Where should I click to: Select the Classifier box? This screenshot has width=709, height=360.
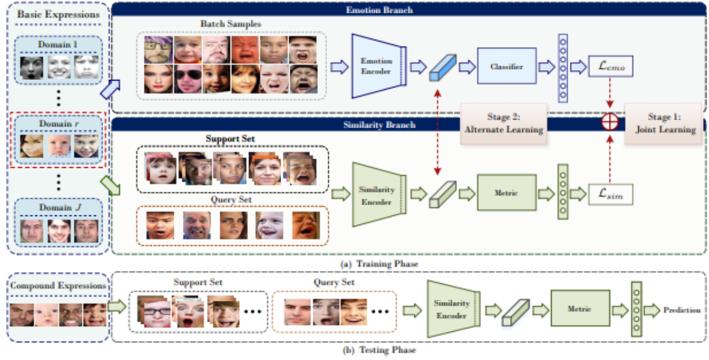click(x=506, y=67)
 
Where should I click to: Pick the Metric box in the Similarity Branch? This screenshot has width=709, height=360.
click(x=506, y=193)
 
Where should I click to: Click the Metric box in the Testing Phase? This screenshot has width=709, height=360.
click(x=580, y=309)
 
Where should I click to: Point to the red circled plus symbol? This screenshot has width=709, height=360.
click(x=610, y=121)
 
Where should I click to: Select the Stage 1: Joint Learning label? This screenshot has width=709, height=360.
click(x=664, y=124)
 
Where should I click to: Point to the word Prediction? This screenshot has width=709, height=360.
click(x=682, y=310)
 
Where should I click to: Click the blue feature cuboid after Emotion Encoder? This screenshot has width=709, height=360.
click(x=444, y=67)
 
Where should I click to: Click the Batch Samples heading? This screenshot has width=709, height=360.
click(x=231, y=23)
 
